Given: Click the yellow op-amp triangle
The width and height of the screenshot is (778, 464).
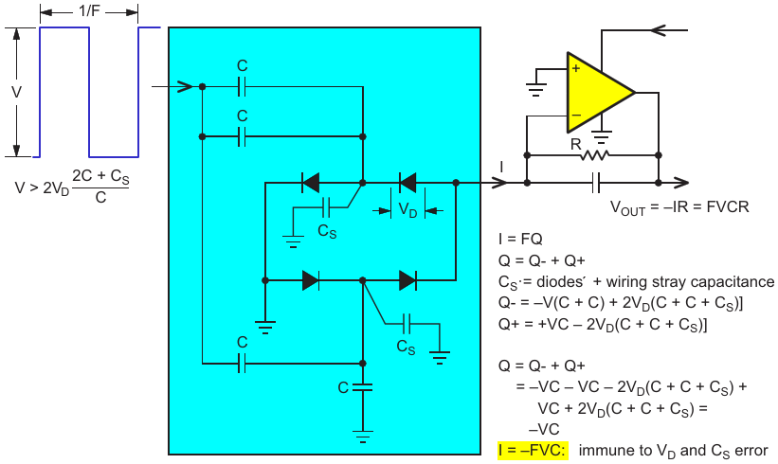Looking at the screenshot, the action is pos(595,93).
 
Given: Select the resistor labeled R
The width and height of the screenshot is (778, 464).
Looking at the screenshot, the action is pos(594,155).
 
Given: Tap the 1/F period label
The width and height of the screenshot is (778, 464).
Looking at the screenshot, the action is pos(89,11).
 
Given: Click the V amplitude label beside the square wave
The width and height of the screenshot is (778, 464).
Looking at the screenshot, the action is pos(16,92).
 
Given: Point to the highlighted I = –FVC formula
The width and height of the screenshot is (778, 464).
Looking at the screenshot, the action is pos(533,450).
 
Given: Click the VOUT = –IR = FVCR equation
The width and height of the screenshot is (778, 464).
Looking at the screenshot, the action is pos(679,206).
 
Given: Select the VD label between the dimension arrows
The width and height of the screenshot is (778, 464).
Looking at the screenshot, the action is pos(407,210).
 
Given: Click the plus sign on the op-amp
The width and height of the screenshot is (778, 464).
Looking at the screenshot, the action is pos(575,68).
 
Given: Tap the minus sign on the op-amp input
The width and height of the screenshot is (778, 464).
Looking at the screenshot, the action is pos(575,115).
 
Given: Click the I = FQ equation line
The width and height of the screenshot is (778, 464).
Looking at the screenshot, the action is pos(520,239).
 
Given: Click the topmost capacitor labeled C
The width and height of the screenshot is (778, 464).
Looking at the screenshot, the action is pos(242,87).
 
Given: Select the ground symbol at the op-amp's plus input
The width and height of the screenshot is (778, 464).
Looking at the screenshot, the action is pos(536,89).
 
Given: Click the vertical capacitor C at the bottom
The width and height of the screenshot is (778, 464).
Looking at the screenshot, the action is pos(363,387).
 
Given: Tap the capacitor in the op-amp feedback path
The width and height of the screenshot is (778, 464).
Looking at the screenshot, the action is pos(596,183).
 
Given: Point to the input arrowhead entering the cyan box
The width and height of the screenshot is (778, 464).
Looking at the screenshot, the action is pos(185,87).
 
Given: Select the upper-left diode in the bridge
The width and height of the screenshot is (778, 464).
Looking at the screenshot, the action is pos(311,183).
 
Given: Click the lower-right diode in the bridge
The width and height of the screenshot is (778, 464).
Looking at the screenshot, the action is pos(407,280).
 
